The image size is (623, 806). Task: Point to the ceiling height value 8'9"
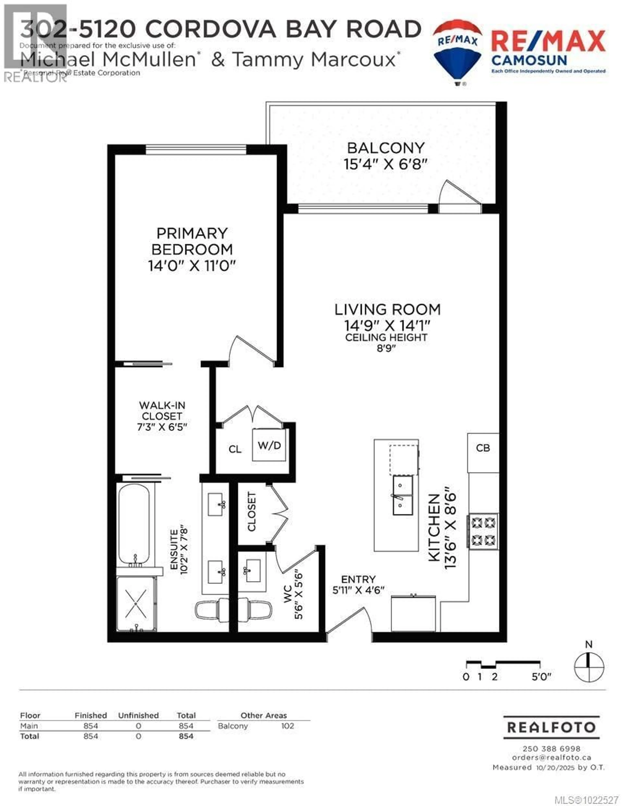point(386,348)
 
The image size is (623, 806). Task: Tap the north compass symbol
point(589,667)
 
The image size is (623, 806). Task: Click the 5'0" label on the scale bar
point(541,677)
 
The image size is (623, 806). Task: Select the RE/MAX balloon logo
point(458,52)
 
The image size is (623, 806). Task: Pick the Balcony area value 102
point(287,726)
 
